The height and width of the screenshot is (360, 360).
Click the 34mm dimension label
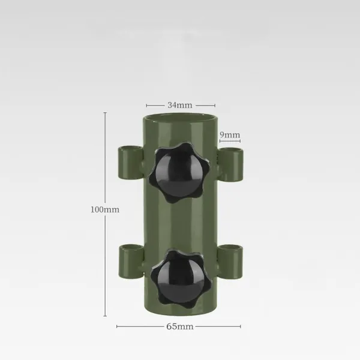pos(180,105)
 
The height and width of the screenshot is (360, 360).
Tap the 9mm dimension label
pos(230,134)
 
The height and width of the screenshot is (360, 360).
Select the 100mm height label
pos(105,209)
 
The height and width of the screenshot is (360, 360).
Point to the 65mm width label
pos(180,326)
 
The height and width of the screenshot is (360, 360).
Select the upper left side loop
pos(130,163)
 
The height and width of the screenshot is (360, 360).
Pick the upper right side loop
pos(230,164)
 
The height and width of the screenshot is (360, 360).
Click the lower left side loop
pos(131,261)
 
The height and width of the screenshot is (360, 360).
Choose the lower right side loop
pos(230,262)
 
